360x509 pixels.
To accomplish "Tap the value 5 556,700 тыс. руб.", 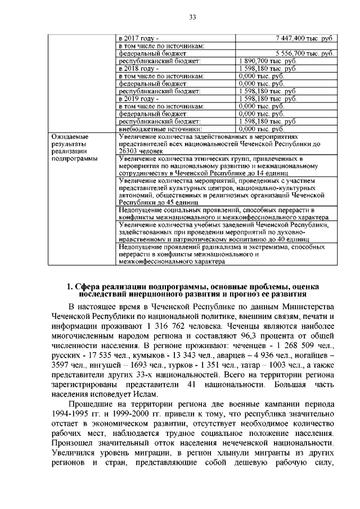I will pyautogui.click(x=304, y=53).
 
